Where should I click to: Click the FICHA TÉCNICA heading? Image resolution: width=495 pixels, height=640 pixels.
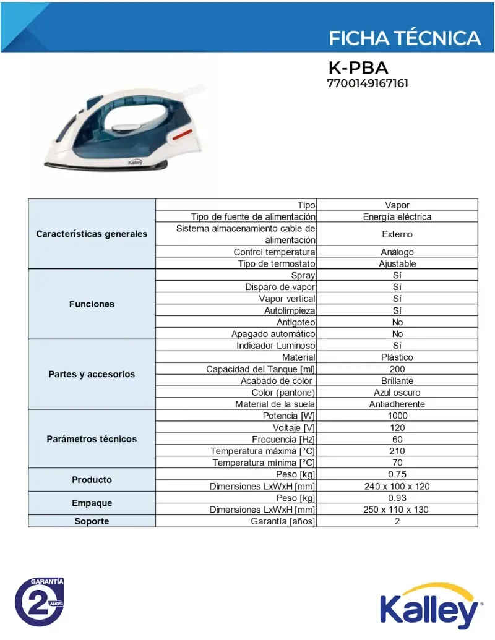(404, 38)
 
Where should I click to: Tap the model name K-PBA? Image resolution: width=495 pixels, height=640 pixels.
(358, 67)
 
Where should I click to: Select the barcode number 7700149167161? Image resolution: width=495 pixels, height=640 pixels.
(367, 83)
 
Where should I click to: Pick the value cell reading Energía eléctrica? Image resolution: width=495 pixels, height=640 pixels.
(397, 216)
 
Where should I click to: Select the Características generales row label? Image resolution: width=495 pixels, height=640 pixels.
(92, 234)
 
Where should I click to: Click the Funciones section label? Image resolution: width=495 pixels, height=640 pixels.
(92, 304)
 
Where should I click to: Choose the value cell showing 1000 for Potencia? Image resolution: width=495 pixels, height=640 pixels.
(397, 416)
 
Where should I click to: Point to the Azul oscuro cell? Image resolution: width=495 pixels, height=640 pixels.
(397, 393)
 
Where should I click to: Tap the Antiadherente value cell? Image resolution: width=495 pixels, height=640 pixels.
(397, 404)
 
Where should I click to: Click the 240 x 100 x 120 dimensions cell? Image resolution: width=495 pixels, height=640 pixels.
(397, 486)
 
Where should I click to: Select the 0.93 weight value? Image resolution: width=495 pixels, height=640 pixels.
(397, 498)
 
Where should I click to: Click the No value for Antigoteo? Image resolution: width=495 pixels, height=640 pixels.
(397, 322)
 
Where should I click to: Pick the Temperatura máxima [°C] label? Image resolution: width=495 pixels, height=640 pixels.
(263, 451)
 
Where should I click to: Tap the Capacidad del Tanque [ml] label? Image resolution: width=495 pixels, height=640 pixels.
(260, 369)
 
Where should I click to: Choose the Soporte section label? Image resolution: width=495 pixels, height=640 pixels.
(92, 521)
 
